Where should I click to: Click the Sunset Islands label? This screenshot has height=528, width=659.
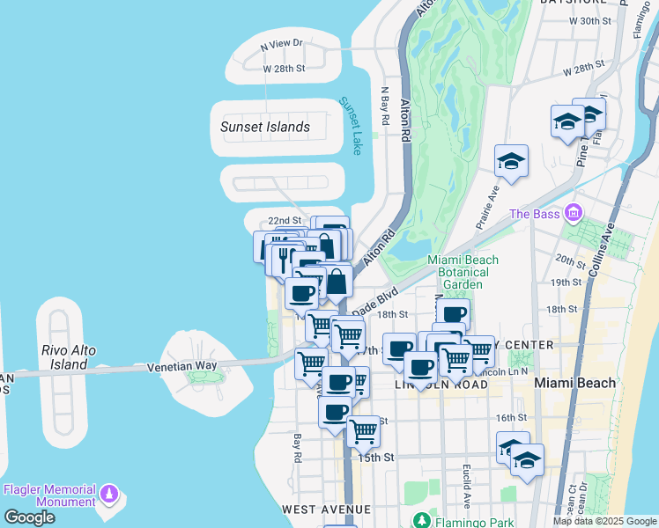[264, 127]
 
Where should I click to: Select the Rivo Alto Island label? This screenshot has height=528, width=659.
[69, 356]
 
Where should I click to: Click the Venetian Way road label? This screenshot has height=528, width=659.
[181, 366]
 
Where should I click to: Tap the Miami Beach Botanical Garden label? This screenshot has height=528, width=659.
[463, 272]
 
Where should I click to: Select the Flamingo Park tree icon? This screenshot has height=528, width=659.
[423, 520]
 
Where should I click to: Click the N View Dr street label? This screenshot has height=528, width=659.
[282, 42]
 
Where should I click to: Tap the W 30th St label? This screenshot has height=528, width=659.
[590, 20]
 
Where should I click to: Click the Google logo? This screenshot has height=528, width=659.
[29, 517]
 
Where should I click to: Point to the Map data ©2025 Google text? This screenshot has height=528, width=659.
[603, 521]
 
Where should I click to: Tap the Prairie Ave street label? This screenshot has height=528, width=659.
[488, 208]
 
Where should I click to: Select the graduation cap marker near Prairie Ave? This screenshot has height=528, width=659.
[511, 161]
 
